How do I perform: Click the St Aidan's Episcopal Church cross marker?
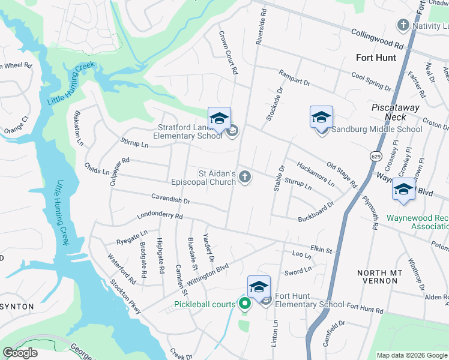(x=244, y=176)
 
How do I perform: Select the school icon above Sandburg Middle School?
(x=321, y=116)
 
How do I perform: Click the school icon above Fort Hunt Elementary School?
(x=259, y=287)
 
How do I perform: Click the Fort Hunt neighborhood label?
(x=376, y=58)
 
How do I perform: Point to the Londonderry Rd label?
(x=160, y=216)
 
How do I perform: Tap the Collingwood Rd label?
(x=376, y=40)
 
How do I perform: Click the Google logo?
(x=20, y=353)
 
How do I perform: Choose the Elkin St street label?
(x=321, y=247)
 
